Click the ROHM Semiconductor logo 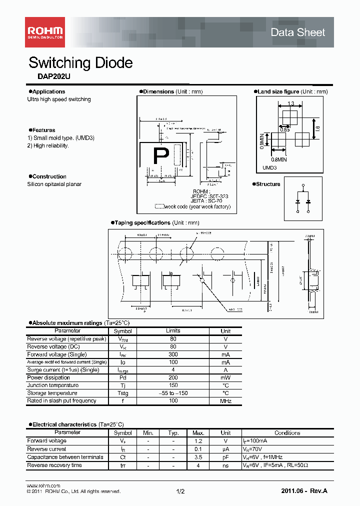[x=44, y=32]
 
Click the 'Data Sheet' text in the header [x=297, y=32]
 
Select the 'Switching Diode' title [x=80, y=63]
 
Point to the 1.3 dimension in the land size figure [x=290, y=104]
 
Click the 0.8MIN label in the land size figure [x=279, y=159]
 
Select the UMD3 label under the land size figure [x=269, y=168]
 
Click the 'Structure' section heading [x=268, y=184]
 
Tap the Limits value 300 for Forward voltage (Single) [x=173, y=354]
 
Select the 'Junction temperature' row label [x=52, y=385]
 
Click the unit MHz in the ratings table [x=225, y=401]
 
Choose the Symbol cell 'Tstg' [x=122, y=393]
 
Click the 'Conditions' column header [x=287, y=433]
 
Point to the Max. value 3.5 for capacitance [x=198, y=457]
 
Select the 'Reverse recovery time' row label [x=54, y=465]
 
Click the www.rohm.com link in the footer [x=43, y=485]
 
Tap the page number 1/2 [x=180, y=492]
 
